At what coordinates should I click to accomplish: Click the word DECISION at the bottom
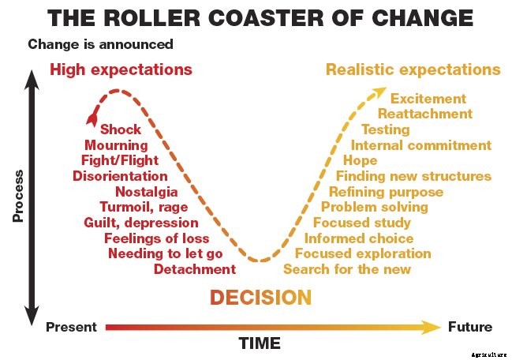tap(260, 297)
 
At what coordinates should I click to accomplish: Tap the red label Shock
tap(121, 129)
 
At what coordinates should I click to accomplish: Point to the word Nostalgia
tap(146, 192)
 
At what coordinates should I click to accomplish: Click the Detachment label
tap(194, 269)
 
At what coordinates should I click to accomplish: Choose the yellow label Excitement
tap(428, 99)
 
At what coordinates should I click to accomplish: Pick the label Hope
tap(361, 160)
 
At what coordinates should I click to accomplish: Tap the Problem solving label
tap(374, 207)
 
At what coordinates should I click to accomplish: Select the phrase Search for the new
tap(347, 269)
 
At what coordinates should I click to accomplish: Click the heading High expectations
tap(121, 69)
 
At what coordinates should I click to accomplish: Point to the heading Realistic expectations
tap(413, 69)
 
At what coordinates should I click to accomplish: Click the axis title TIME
tap(260, 343)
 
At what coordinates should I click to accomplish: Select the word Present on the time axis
tap(72, 327)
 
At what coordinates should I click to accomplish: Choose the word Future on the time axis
tap(470, 327)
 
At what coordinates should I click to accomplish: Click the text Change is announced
tap(100, 44)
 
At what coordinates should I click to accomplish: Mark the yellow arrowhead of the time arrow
tap(432, 327)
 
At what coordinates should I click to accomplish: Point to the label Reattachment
tap(424, 114)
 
